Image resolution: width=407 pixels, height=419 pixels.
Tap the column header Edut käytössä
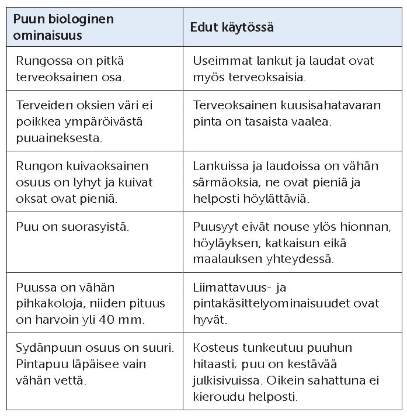(232, 27)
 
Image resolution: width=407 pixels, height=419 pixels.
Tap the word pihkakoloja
(47, 303)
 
